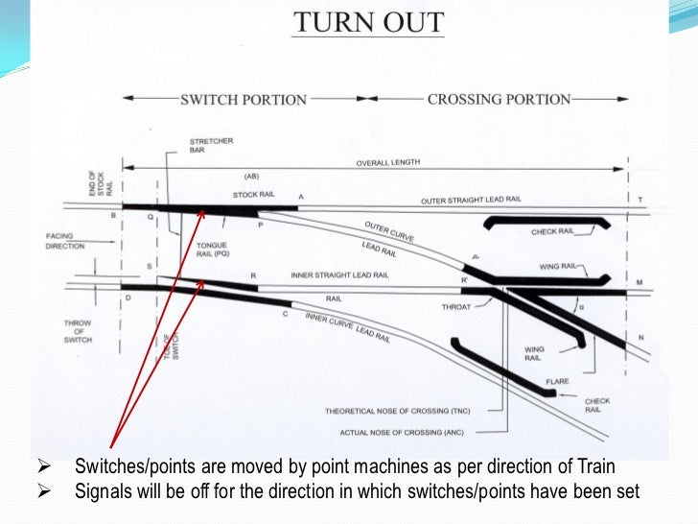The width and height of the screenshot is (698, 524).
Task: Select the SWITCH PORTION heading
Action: (x=244, y=100)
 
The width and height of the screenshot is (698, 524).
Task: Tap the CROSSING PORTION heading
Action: (x=499, y=99)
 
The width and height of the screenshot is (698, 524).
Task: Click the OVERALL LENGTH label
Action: (x=388, y=163)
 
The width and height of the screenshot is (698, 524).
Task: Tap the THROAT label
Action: (x=455, y=307)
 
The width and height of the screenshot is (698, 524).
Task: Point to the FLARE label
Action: (x=557, y=381)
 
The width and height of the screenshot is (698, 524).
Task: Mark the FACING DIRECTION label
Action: (x=65, y=241)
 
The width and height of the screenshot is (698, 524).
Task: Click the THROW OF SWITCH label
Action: (x=78, y=332)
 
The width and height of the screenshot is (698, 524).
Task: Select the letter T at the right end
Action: (x=640, y=200)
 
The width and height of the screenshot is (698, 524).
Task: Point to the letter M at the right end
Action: (x=639, y=282)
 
